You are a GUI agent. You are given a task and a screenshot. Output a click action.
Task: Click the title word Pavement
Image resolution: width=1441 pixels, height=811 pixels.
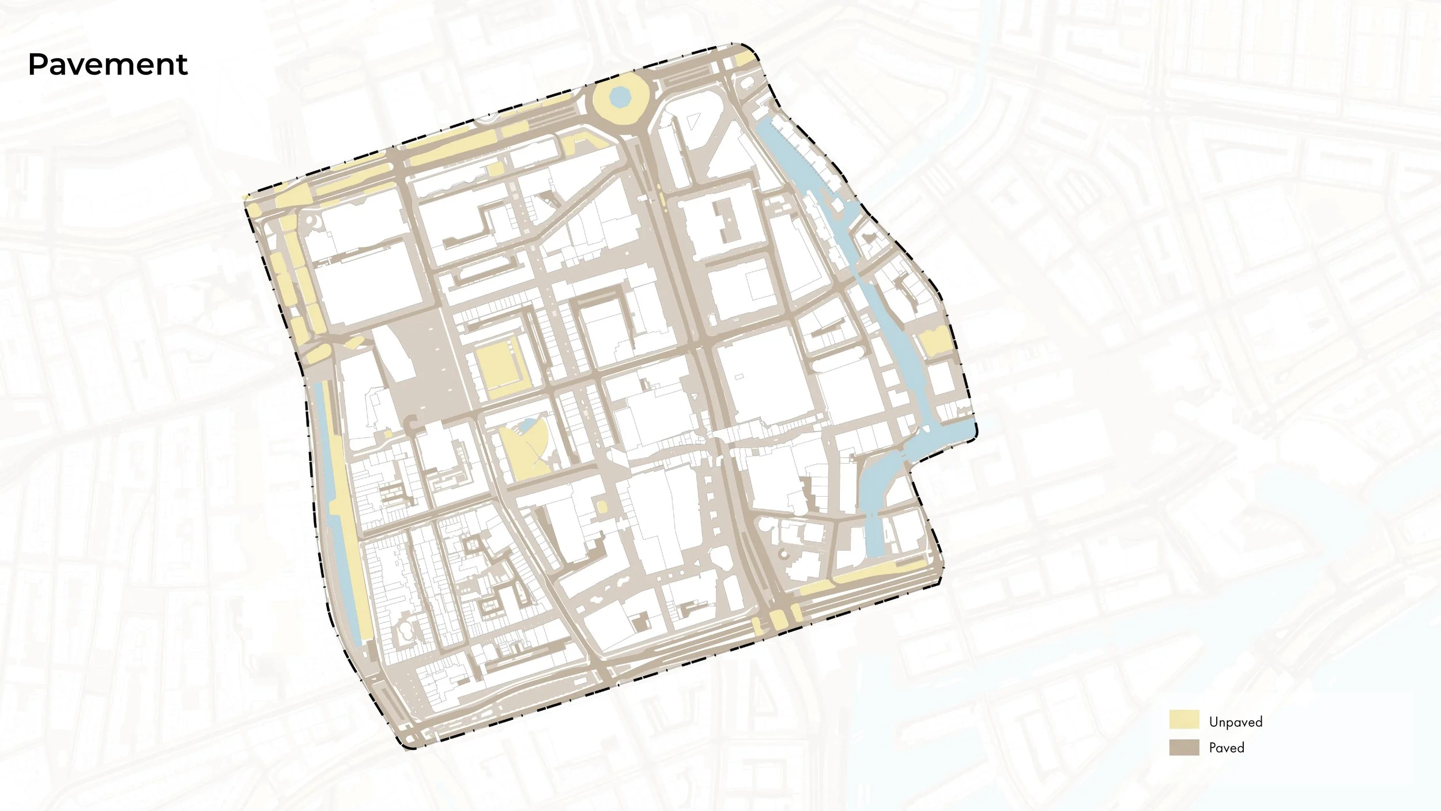pyautogui.click(x=108, y=64)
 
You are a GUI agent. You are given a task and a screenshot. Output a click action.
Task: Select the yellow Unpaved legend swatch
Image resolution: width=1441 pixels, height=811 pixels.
pyautogui.click(x=1184, y=720)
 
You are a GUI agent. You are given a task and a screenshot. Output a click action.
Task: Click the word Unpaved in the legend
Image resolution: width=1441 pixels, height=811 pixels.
pyautogui.click(x=1235, y=722)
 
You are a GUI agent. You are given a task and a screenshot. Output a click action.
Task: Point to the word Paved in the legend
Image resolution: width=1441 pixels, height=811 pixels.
pyautogui.click(x=1227, y=748)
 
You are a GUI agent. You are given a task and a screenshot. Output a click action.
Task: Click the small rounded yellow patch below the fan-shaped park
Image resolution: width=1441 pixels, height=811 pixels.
pyautogui.click(x=602, y=507)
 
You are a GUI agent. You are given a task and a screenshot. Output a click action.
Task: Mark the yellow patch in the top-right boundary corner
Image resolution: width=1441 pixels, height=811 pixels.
pyautogui.click(x=744, y=58)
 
